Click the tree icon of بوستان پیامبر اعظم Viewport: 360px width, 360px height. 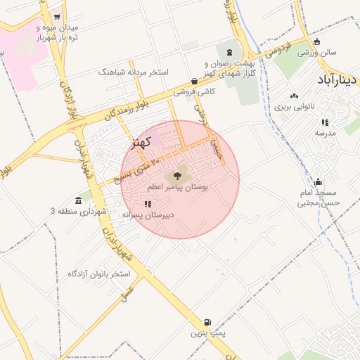click(176, 175)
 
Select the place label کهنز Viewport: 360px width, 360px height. click(142, 143)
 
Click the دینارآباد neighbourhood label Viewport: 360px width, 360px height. click(338, 79)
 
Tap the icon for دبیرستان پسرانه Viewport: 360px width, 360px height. click(148, 204)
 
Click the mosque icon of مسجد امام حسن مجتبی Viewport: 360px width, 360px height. click(319, 181)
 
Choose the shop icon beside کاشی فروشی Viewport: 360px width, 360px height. click(194, 82)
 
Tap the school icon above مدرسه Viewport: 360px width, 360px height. click(325, 122)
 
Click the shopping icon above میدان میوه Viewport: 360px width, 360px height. click(57, 17)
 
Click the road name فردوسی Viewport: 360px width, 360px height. click(276, 51)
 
